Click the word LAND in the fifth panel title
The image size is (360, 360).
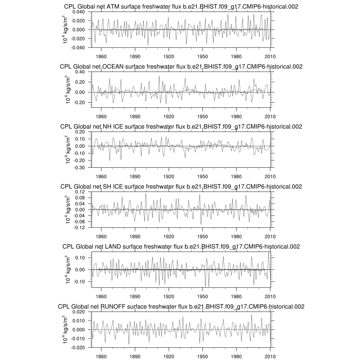(x=113, y=247)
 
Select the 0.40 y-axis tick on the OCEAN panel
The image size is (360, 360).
(x=82, y=72)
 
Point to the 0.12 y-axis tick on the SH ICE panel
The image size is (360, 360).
(x=82, y=192)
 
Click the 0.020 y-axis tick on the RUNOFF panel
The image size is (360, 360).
(x=81, y=312)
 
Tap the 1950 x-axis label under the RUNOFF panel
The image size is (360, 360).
(x=202, y=355)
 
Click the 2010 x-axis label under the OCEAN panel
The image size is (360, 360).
(x=270, y=116)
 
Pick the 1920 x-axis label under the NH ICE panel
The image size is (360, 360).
(x=169, y=176)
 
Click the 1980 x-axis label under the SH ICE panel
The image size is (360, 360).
(x=236, y=236)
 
